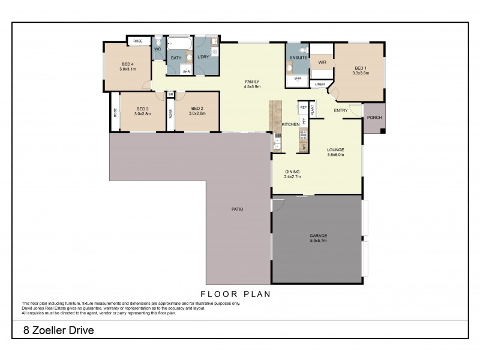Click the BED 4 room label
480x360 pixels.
tap(127, 64)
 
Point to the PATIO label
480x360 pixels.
tap(236, 209)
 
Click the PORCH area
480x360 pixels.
tap(374, 118)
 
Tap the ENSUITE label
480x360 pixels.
tap(298, 58)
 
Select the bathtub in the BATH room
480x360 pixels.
tap(179, 45)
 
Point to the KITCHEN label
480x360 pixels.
tap(290, 124)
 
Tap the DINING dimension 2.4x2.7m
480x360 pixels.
tap(292, 177)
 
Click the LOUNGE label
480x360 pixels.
tap(335, 150)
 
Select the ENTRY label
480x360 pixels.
tap(341, 110)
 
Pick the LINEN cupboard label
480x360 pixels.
tap(319, 85)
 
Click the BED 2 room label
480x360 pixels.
tap(197, 108)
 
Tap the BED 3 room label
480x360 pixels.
tap(142, 108)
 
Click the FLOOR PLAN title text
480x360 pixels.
tap(236, 294)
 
